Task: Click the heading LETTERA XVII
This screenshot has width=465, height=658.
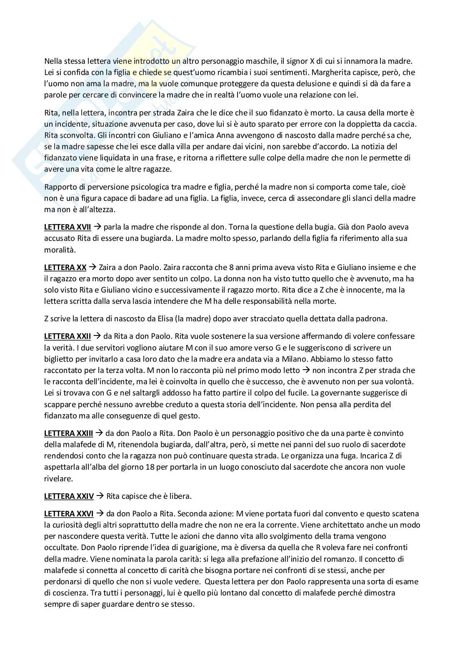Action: (x=67, y=227)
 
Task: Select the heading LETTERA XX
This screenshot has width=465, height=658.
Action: (x=65, y=267)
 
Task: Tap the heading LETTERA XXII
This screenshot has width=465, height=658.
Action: (x=67, y=336)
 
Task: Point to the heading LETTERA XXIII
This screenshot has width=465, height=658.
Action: (x=69, y=433)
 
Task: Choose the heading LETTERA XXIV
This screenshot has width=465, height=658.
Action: (x=69, y=496)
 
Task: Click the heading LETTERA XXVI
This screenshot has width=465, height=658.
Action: (x=69, y=513)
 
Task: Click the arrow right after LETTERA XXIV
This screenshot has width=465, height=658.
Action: (x=100, y=496)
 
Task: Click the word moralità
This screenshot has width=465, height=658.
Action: (x=60, y=250)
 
